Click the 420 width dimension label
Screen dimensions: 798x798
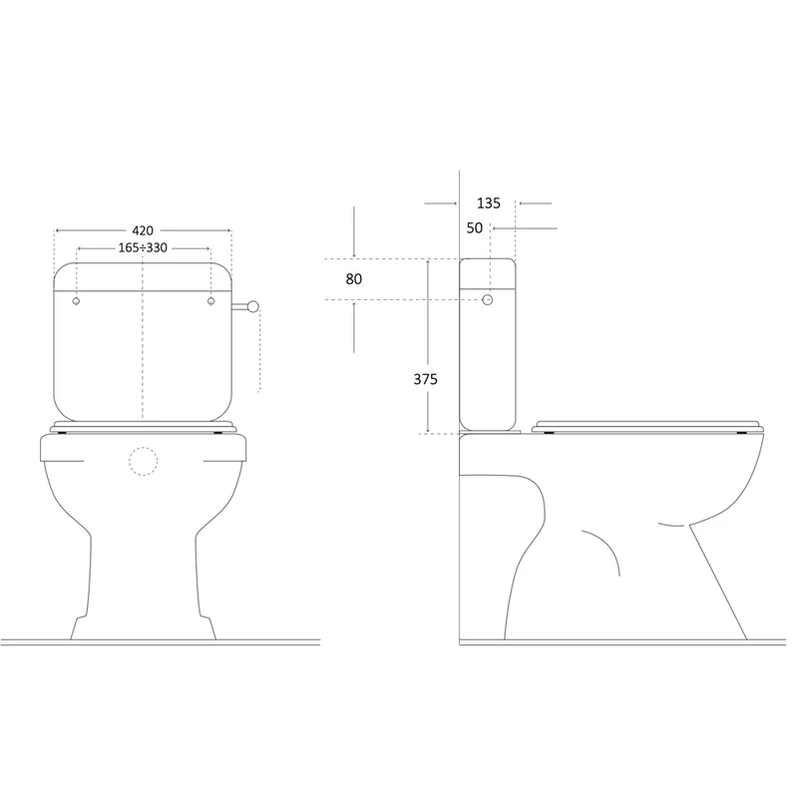[143, 230]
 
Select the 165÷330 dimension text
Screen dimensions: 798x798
[143, 247]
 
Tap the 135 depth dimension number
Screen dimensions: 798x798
[489, 203]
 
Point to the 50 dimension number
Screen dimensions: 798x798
[475, 228]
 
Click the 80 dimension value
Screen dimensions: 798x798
[354, 279]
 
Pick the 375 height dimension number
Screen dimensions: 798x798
[426, 379]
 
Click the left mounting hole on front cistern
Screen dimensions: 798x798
[77, 301]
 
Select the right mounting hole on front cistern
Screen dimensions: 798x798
[211, 301]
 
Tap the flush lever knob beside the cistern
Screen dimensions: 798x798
[253, 306]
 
